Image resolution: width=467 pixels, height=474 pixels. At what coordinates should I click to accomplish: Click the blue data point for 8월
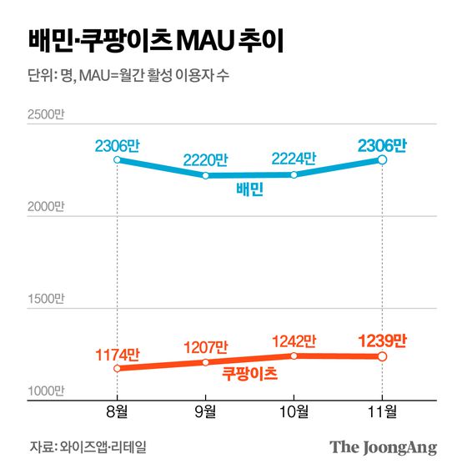pyautogui.click(x=118, y=159)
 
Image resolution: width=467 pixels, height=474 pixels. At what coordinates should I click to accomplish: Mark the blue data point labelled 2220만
pyautogui.click(x=206, y=175)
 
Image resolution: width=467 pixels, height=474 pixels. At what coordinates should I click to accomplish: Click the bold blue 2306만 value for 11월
pyautogui.click(x=382, y=144)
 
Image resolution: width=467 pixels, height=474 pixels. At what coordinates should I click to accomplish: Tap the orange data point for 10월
pyautogui.click(x=294, y=355)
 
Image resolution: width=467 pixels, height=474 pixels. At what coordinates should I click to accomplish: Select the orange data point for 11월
pyautogui.click(x=382, y=356)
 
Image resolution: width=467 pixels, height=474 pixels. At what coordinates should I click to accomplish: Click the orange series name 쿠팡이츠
pyautogui.click(x=249, y=374)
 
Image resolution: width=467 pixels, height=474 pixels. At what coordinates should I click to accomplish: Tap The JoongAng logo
pyautogui.click(x=383, y=447)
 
